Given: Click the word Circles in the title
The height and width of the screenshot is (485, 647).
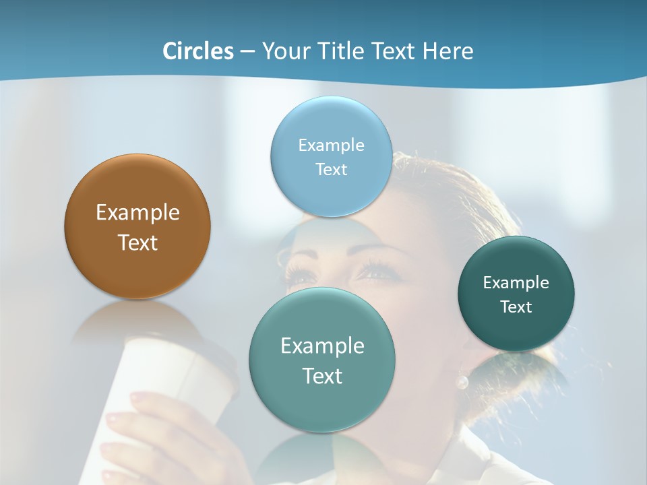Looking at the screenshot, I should pos(197,51).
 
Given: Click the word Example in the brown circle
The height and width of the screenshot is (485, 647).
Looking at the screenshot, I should pos(137,213).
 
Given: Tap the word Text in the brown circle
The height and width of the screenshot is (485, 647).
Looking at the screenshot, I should pos(137,243).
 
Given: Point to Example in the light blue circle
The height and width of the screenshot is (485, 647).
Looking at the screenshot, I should pos(331,145).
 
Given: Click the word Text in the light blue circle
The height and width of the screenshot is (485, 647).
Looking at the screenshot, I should pos(331,170).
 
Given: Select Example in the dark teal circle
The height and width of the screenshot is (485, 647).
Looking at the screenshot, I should pos(516,283).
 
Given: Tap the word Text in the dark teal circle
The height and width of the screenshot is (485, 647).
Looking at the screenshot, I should pos(516,307).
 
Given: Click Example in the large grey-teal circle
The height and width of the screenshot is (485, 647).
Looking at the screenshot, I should pos(322,346).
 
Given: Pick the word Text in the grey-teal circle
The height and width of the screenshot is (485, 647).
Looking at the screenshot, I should pos(322,376).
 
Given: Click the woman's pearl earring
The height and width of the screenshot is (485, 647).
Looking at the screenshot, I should pos(462,383).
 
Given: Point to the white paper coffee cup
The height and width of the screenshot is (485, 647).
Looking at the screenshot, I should pos(168,377).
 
